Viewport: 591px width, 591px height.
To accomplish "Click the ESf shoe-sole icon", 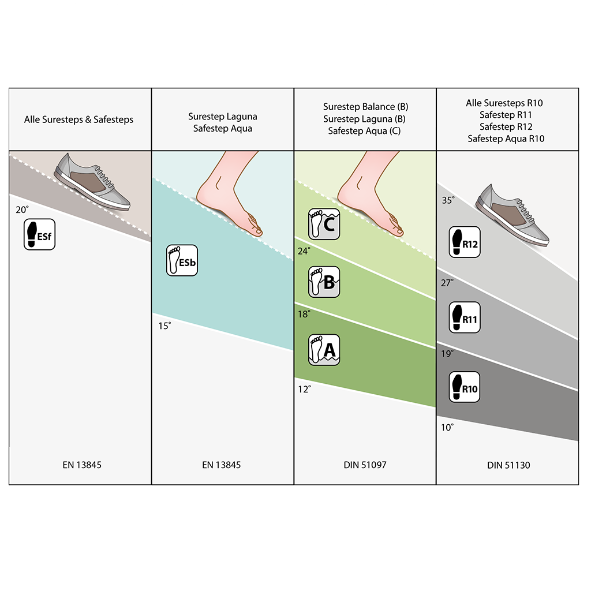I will (x=39, y=234).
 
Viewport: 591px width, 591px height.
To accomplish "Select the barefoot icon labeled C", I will (x=324, y=224).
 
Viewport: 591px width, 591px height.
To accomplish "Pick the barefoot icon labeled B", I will (x=324, y=282).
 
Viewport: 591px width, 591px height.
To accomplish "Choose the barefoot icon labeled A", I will (x=324, y=349).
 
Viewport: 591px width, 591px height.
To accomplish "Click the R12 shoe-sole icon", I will (x=465, y=242).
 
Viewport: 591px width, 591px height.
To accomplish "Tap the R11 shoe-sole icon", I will (x=465, y=317).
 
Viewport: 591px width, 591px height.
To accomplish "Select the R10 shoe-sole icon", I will (x=465, y=387).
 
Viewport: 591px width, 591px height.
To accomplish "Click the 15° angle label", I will (x=164, y=326).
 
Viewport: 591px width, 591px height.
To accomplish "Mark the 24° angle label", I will (x=304, y=250).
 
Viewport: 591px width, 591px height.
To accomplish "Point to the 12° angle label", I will (x=304, y=389).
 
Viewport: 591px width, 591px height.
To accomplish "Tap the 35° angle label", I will (x=448, y=200).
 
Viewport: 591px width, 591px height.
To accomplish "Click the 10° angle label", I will (x=448, y=427).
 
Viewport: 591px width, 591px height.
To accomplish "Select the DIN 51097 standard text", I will (x=365, y=465).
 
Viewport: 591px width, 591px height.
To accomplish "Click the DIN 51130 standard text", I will (x=508, y=465).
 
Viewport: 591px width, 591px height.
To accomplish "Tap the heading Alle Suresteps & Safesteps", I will (x=78, y=120).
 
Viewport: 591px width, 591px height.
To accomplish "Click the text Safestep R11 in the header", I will (x=506, y=115).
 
